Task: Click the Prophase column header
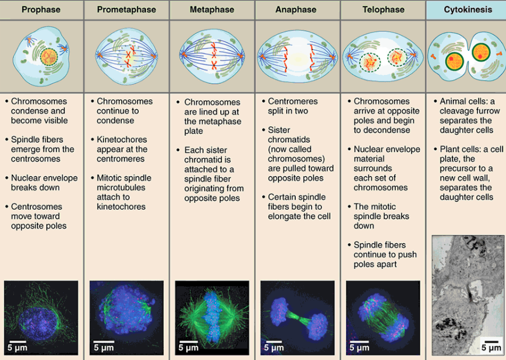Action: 42,10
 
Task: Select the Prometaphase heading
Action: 126,10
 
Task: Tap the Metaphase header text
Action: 212,10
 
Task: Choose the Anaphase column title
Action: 296,10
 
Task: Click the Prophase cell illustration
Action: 42,56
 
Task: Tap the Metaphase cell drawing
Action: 212,56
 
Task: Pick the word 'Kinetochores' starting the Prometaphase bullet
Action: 122,140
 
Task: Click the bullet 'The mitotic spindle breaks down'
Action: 381,216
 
